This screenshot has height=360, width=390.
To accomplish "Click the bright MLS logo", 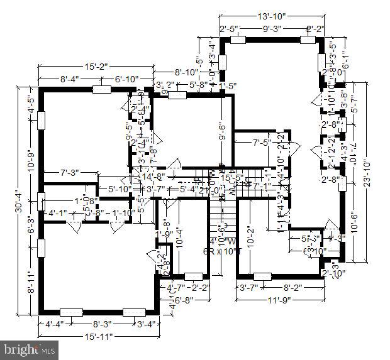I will (30, 346).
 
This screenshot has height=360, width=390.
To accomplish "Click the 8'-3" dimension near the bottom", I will (103, 325).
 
